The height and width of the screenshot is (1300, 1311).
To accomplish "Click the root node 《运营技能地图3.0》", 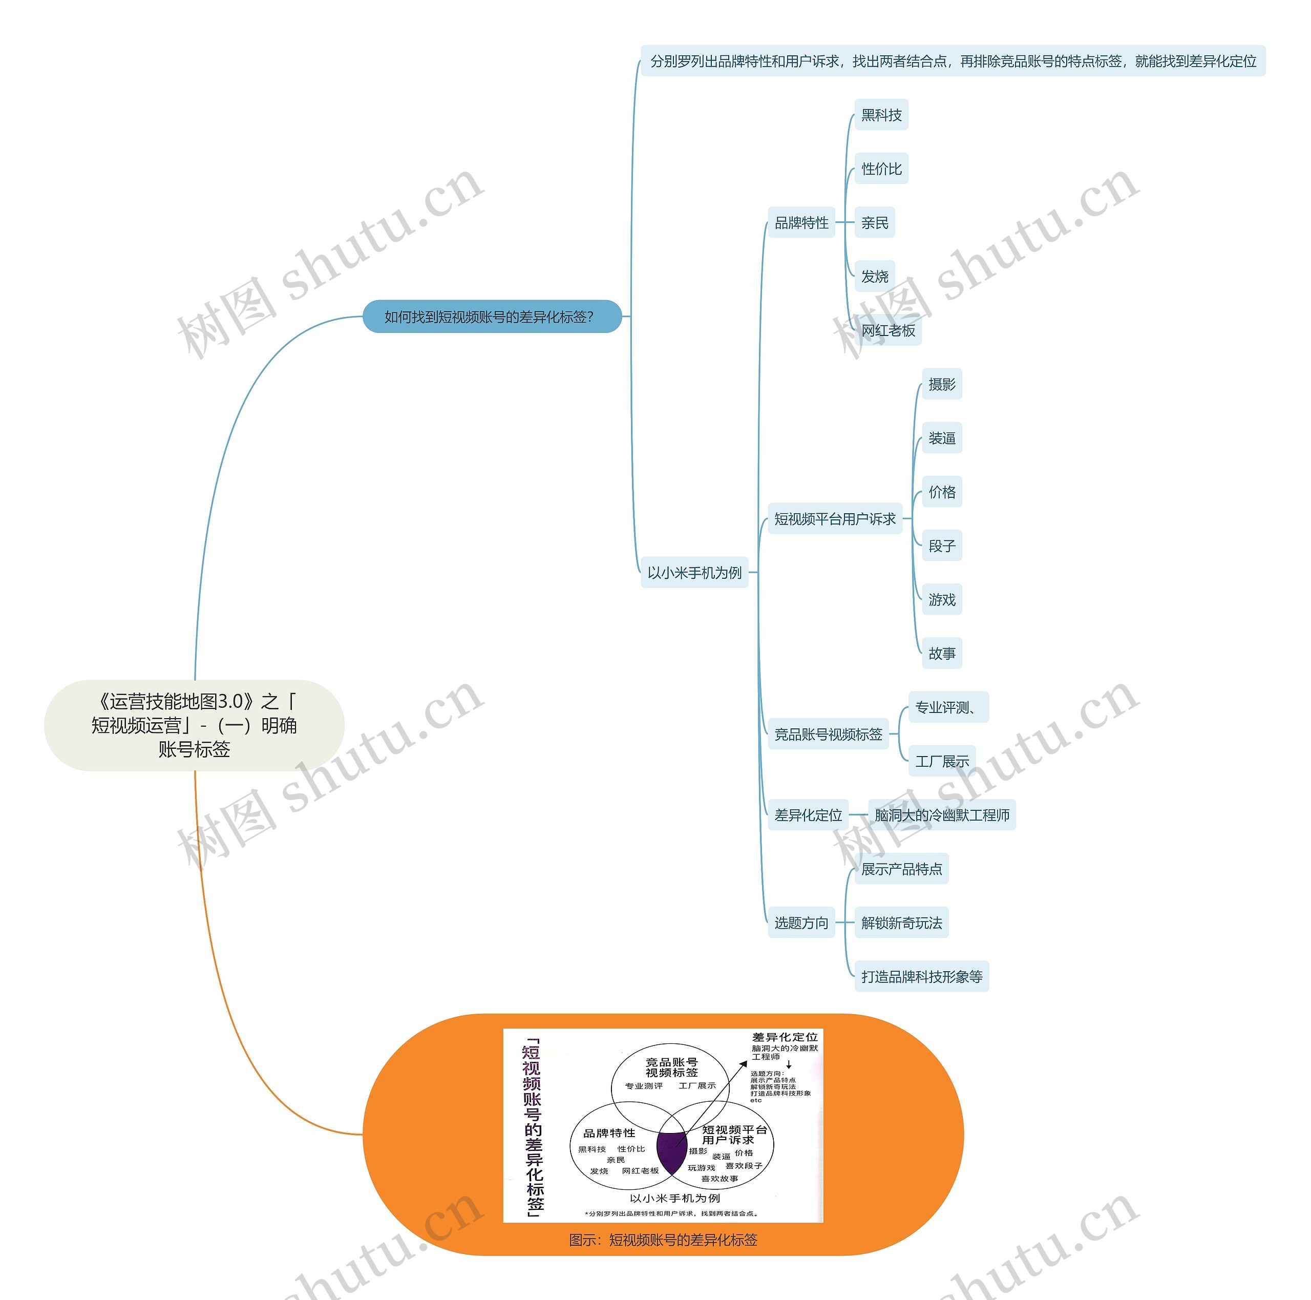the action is tap(194, 725).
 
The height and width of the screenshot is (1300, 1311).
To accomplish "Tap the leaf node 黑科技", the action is tap(881, 115).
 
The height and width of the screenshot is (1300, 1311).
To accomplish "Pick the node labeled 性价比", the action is tap(881, 169).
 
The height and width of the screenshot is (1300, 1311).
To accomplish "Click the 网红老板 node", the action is tap(887, 330).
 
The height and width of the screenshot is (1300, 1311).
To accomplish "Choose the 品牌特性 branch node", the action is tap(801, 223).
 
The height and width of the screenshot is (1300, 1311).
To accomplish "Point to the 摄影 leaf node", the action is tap(941, 385).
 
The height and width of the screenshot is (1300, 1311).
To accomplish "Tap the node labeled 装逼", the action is tap(941, 438).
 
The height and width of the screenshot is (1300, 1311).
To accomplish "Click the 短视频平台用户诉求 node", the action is tap(835, 519).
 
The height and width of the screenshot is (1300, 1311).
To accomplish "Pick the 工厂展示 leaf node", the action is tap(941, 762).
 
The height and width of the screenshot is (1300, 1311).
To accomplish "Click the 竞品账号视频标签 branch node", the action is tap(828, 735).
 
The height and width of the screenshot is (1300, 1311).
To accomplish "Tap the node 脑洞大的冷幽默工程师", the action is tap(941, 815).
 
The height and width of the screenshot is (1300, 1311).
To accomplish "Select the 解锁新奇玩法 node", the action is tap(901, 923).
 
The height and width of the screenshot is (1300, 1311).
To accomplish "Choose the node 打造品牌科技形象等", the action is tap(921, 977).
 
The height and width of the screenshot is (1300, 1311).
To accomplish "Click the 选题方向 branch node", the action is tap(801, 923).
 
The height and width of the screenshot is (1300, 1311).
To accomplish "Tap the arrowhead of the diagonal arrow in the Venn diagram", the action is tap(744, 1065).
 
